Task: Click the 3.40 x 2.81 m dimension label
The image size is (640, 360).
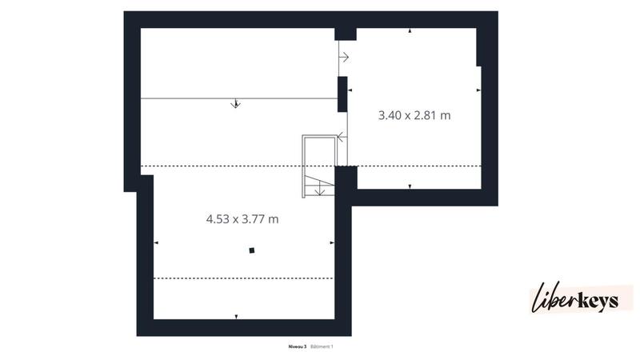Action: (414, 115)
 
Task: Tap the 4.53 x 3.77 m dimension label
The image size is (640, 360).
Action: (242, 218)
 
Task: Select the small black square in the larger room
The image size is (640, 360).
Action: (251, 250)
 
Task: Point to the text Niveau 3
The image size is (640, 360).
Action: (297, 346)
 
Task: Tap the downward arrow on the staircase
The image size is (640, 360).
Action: (320, 190)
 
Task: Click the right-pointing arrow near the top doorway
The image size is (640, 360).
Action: (345, 57)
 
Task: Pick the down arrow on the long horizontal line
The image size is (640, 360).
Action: (235, 103)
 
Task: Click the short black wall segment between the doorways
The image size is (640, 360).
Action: (342, 94)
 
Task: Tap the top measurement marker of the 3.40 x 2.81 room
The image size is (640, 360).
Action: (410, 30)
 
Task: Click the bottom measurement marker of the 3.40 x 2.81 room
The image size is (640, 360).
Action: (410, 186)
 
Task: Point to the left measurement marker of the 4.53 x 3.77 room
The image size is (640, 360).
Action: (156, 242)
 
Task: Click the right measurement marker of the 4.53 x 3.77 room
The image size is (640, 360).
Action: (331, 242)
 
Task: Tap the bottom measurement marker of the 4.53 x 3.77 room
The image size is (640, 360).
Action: (236, 317)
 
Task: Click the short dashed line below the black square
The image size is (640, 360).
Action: (243, 278)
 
